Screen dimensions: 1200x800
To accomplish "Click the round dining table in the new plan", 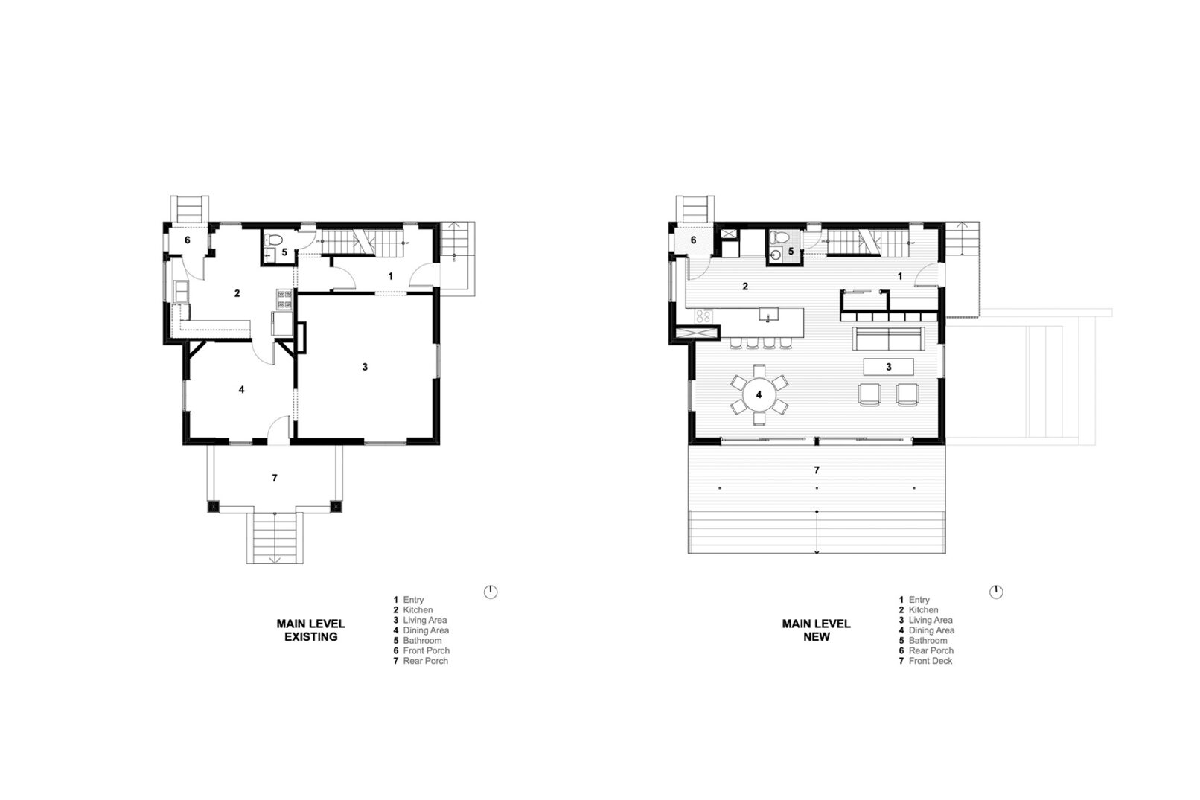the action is [x=759, y=394].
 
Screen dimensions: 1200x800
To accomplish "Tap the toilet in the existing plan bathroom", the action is [x=274, y=240].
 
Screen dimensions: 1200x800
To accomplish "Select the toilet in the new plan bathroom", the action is [x=779, y=237].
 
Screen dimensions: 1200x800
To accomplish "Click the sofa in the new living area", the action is [x=889, y=339].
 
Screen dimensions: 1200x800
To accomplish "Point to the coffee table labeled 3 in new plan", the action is [x=889, y=367].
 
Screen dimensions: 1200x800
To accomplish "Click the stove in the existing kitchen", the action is [x=284, y=299].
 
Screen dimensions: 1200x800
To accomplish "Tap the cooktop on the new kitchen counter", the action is [x=704, y=316].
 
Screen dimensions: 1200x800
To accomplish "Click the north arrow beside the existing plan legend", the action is [x=490, y=592].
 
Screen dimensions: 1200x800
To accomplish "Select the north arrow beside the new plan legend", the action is [x=996, y=592].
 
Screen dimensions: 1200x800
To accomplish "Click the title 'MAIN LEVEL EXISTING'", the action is [x=310, y=630].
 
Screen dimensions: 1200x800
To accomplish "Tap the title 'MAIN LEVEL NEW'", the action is [x=817, y=630].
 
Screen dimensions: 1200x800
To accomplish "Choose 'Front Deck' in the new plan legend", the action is [x=931, y=661].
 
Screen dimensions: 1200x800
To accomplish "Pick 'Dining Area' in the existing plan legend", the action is [x=426, y=630].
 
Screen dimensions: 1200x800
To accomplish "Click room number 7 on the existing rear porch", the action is [x=275, y=478].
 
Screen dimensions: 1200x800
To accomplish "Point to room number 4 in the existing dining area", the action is [x=242, y=389].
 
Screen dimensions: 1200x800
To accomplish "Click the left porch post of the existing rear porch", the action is [x=213, y=506].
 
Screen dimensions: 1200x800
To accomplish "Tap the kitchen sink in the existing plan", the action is [x=181, y=291].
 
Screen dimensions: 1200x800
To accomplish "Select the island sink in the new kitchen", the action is [x=769, y=314].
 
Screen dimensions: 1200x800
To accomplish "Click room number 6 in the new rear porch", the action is [x=693, y=240].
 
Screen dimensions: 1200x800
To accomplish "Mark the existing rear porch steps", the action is [x=275, y=537].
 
